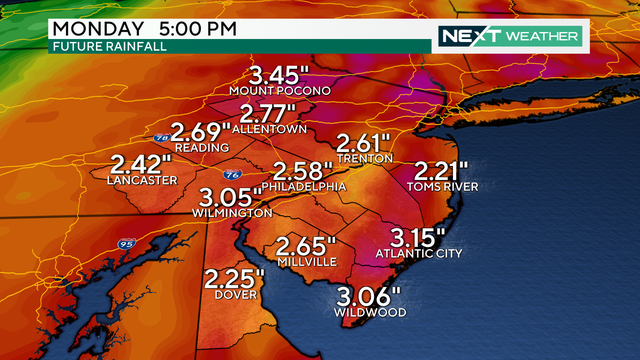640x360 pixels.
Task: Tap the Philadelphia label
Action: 306,187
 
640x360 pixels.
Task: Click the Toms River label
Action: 442,187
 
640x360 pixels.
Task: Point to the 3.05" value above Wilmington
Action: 232,196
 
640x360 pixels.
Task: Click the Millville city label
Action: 306,262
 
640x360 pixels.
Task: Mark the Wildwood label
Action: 370,313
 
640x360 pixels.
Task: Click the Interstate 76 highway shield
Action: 231,173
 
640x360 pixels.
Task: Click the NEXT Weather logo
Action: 509,36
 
